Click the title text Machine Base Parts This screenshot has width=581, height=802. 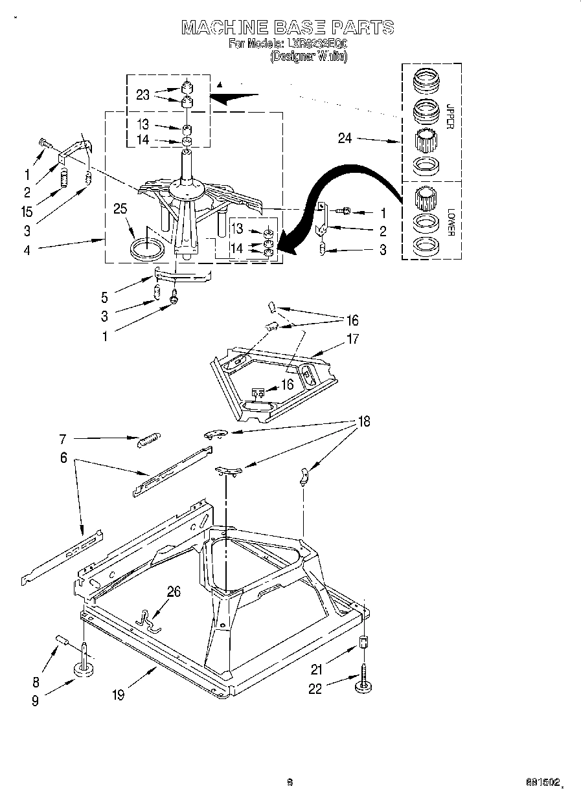288,27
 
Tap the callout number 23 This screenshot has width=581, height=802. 142,95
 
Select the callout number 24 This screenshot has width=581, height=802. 345,138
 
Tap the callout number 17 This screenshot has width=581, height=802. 352,339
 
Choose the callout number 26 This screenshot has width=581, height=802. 174,590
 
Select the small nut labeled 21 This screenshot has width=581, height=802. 363,643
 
